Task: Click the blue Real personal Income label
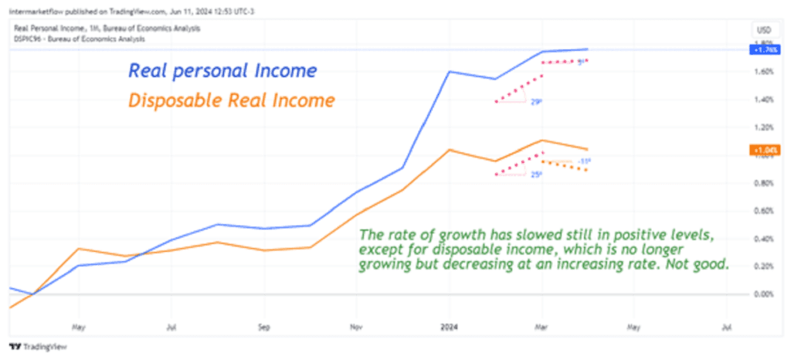click(x=222, y=71)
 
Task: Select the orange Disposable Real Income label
click(x=231, y=100)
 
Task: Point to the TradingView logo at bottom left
click(x=39, y=347)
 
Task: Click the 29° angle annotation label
click(x=537, y=100)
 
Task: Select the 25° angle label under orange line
click(x=536, y=175)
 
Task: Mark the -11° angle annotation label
click(x=584, y=161)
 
